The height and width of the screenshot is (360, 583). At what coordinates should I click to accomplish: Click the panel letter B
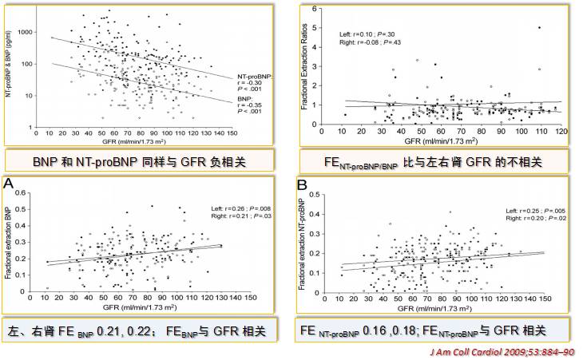[303, 184]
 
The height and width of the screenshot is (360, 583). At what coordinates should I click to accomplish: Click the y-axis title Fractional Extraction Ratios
[306, 64]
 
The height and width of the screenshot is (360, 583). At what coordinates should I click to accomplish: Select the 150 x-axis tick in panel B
[544, 299]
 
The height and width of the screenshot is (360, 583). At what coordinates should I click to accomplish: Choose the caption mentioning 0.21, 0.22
[142, 330]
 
